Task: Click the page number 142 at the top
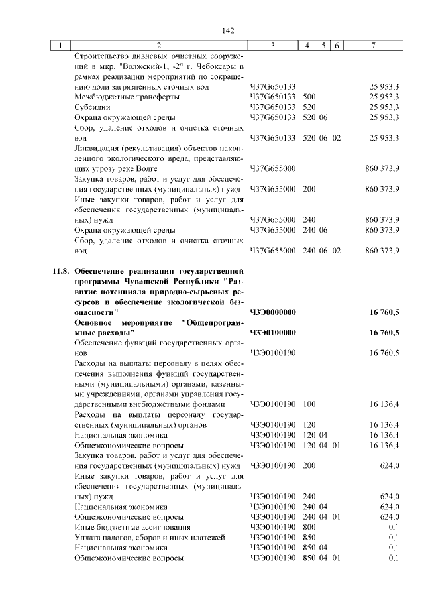click(229, 30)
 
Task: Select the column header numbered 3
click(273, 46)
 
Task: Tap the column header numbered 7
click(374, 46)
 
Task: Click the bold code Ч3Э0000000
click(273, 312)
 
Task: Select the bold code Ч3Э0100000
click(273, 332)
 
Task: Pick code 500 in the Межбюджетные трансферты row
click(309, 97)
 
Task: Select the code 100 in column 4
click(309, 404)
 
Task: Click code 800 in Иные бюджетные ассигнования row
click(309, 527)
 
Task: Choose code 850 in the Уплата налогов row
click(309, 537)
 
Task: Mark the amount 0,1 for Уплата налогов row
click(394, 537)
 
